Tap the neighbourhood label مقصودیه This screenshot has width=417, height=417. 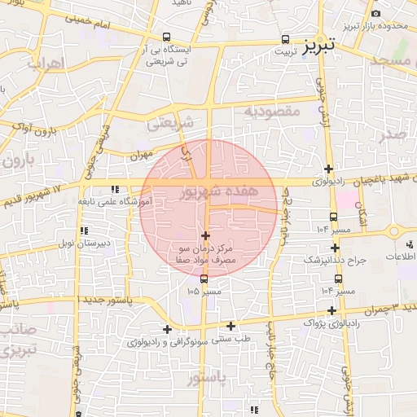(272, 111)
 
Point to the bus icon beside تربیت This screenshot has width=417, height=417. (285, 38)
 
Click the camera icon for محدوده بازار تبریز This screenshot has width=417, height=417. (375, 14)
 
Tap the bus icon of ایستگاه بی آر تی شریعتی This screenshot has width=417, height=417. (167, 37)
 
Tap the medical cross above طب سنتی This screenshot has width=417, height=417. (231, 326)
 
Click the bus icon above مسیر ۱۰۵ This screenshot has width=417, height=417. (204, 279)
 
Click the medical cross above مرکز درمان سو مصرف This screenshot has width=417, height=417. (204, 235)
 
